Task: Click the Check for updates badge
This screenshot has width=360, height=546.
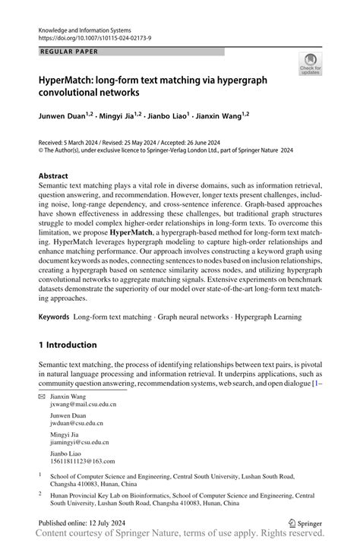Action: pyautogui.click(x=310, y=65)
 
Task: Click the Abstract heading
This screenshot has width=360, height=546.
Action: pyautogui.click(x=58, y=175)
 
